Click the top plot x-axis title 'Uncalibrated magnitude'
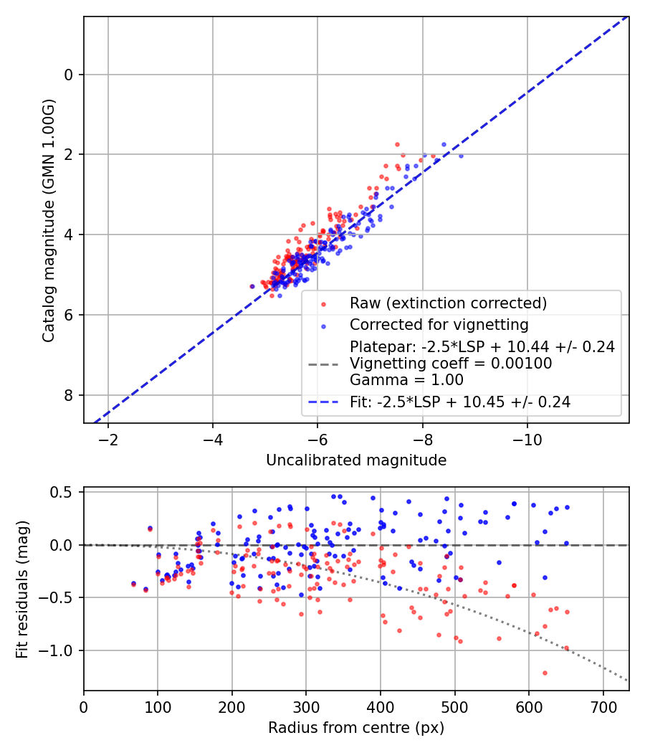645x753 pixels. (x=356, y=460)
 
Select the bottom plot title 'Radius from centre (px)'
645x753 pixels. (x=356, y=728)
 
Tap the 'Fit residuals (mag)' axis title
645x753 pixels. (x=21, y=589)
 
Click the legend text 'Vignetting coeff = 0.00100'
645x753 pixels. (x=451, y=364)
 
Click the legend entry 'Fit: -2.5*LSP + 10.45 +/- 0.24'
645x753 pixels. (x=460, y=402)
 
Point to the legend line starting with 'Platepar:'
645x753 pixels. (x=482, y=347)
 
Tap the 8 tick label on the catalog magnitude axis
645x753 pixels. (x=69, y=395)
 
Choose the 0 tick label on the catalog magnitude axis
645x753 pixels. (x=69, y=75)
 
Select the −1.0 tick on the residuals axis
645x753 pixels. (x=60, y=650)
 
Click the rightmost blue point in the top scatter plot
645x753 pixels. (x=461, y=156)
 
